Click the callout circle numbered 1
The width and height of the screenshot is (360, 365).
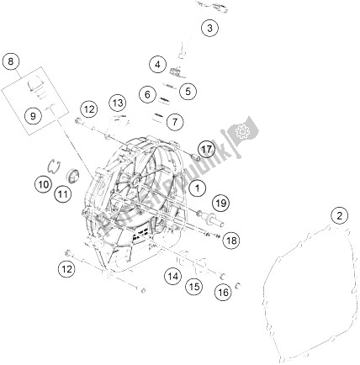[198, 188]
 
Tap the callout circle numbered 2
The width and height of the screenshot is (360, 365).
[340, 215]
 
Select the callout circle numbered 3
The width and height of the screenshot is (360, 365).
[210, 28]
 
